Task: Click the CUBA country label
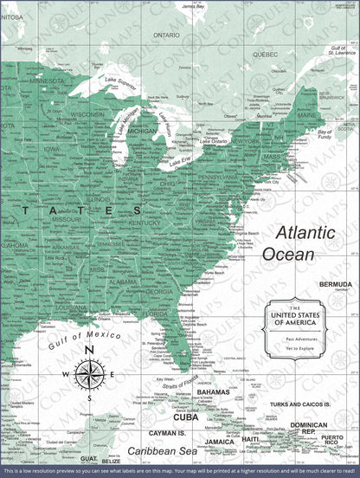click(185, 417)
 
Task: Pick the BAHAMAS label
click(213, 392)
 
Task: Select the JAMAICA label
click(220, 442)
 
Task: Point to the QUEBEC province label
click(265, 54)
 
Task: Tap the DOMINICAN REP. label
click(308, 428)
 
